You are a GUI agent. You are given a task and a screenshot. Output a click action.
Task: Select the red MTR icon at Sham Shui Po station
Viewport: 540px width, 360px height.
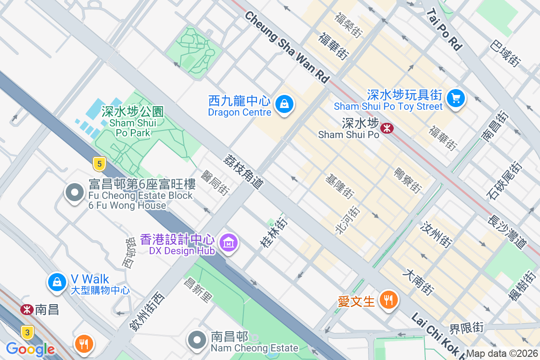[x=387, y=128]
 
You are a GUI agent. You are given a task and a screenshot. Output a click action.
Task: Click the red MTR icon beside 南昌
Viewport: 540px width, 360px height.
[x=27, y=310]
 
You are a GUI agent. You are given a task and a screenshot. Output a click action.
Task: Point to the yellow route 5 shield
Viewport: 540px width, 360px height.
[x=99, y=164]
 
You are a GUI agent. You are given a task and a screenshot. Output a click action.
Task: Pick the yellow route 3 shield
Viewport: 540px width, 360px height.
[x=27, y=333]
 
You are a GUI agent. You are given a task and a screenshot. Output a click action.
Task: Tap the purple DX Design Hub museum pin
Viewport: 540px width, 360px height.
[x=229, y=243]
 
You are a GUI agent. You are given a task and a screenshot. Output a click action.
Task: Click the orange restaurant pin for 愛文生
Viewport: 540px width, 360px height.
[x=388, y=299]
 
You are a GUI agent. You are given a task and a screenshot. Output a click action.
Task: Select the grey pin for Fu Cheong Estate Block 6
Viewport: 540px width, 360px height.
[x=75, y=193]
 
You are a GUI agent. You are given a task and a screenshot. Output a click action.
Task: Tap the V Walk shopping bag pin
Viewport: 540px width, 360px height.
[x=57, y=282]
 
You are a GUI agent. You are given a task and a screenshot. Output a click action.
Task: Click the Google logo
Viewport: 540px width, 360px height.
[x=30, y=349]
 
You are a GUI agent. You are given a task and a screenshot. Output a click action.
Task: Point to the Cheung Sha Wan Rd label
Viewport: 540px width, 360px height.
[x=287, y=47]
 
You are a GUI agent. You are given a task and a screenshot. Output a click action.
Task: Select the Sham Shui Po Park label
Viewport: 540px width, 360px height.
[x=132, y=121]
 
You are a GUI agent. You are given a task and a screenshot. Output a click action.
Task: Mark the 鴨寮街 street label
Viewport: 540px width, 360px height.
[x=407, y=180]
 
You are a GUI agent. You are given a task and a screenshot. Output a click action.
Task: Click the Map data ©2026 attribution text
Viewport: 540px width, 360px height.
[x=502, y=354]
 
